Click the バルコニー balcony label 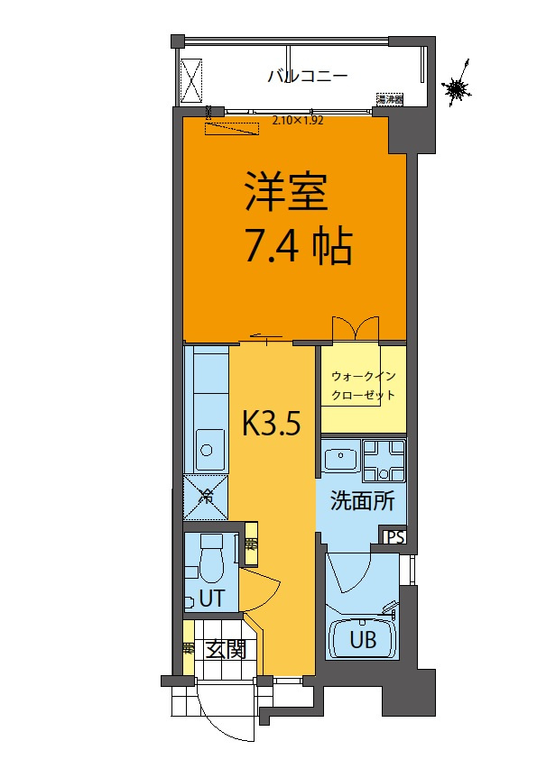tap(308, 77)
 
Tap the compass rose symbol tap(458, 88)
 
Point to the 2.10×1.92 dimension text tap(298, 119)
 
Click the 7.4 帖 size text tap(298, 244)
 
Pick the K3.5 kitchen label tap(271, 423)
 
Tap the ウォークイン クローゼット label tap(363, 385)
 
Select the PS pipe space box tap(395, 536)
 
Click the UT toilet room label tap(211, 598)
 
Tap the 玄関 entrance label tap(225, 649)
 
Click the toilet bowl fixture tap(212, 562)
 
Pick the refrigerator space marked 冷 tap(206, 495)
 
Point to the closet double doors tap(356, 327)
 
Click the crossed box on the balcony tap(192, 79)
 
